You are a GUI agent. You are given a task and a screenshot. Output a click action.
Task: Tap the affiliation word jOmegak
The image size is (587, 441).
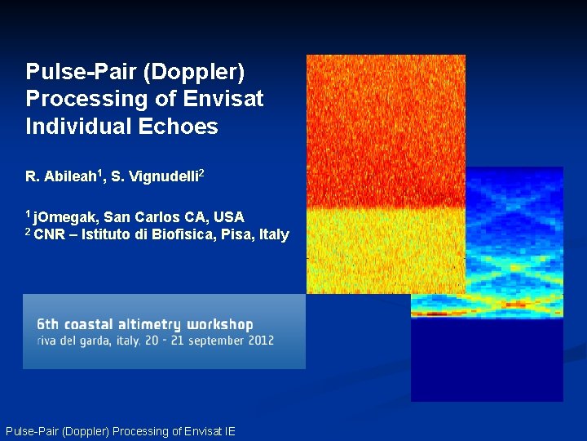66,217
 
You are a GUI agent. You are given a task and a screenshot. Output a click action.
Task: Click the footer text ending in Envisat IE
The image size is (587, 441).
121,431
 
